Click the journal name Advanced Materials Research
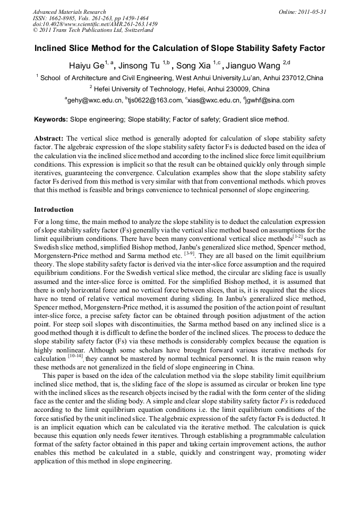70,12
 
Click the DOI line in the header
95,24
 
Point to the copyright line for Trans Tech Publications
93,30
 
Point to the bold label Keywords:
51,119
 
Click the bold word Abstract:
49,137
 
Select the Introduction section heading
54,210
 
